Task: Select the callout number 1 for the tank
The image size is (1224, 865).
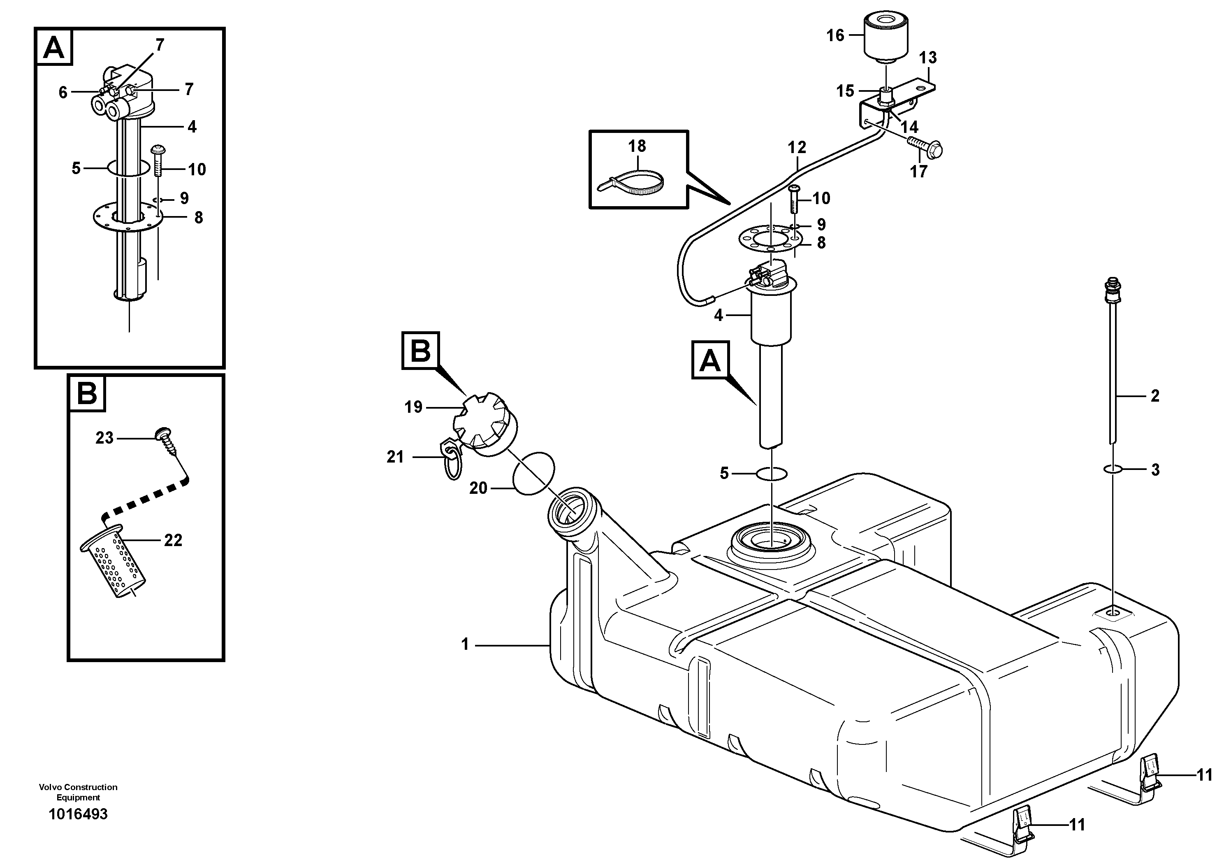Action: coord(465,645)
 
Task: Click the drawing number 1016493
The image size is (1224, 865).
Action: coord(78,814)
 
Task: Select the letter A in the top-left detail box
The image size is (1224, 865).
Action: coord(54,48)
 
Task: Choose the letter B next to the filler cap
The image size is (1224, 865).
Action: coord(421,351)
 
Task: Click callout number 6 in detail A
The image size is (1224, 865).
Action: coord(63,93)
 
